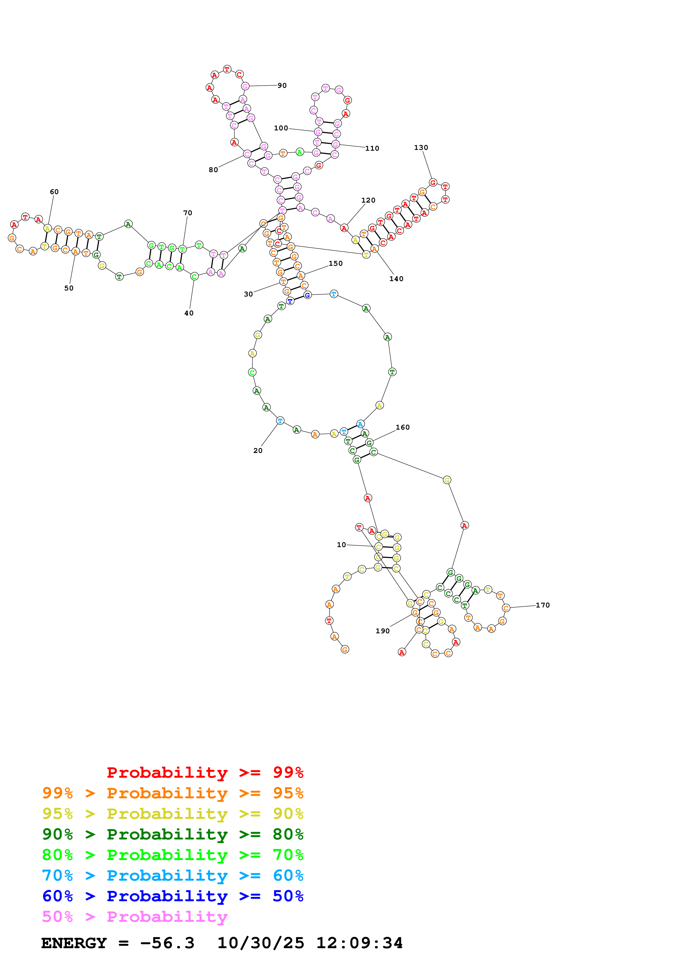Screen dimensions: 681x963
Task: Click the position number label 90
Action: [282, 86]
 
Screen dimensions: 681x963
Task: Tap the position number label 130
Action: [421, 148]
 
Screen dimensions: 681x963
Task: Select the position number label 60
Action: [54, 192]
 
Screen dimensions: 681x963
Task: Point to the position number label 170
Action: [543, 605]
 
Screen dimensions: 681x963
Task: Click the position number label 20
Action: [258, 450]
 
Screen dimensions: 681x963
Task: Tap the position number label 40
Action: [189, 313]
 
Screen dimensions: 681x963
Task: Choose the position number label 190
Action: [382, 631]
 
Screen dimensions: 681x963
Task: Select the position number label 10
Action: [341, 545]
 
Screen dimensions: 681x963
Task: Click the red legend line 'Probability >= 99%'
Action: [205, 772]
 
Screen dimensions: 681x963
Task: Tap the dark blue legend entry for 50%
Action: [173, 896]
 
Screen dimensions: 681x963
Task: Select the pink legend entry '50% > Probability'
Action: [135, 916]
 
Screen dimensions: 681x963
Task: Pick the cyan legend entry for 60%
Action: [173, 875]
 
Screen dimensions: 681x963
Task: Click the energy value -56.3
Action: [167, 943]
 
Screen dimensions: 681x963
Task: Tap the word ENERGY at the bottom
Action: [74, 943]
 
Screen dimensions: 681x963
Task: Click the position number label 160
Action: [402, 427]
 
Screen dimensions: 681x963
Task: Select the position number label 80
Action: [213, 170]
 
